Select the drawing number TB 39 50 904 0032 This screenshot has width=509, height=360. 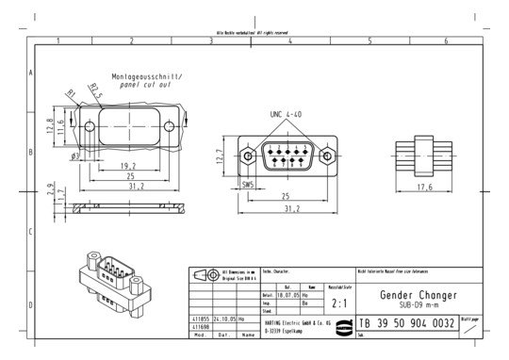pos(410,323)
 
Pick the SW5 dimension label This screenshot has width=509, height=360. pos(251,185)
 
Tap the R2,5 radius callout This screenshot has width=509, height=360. pos(94,92)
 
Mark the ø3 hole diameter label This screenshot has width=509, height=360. pos(75,155)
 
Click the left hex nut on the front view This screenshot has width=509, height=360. pos(247,156)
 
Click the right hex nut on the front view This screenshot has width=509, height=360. pos(331,156)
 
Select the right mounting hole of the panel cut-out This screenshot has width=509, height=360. pos(171,127)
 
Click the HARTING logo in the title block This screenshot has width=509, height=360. pos(340,324)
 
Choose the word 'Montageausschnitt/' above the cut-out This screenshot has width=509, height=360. pos(148,75)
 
